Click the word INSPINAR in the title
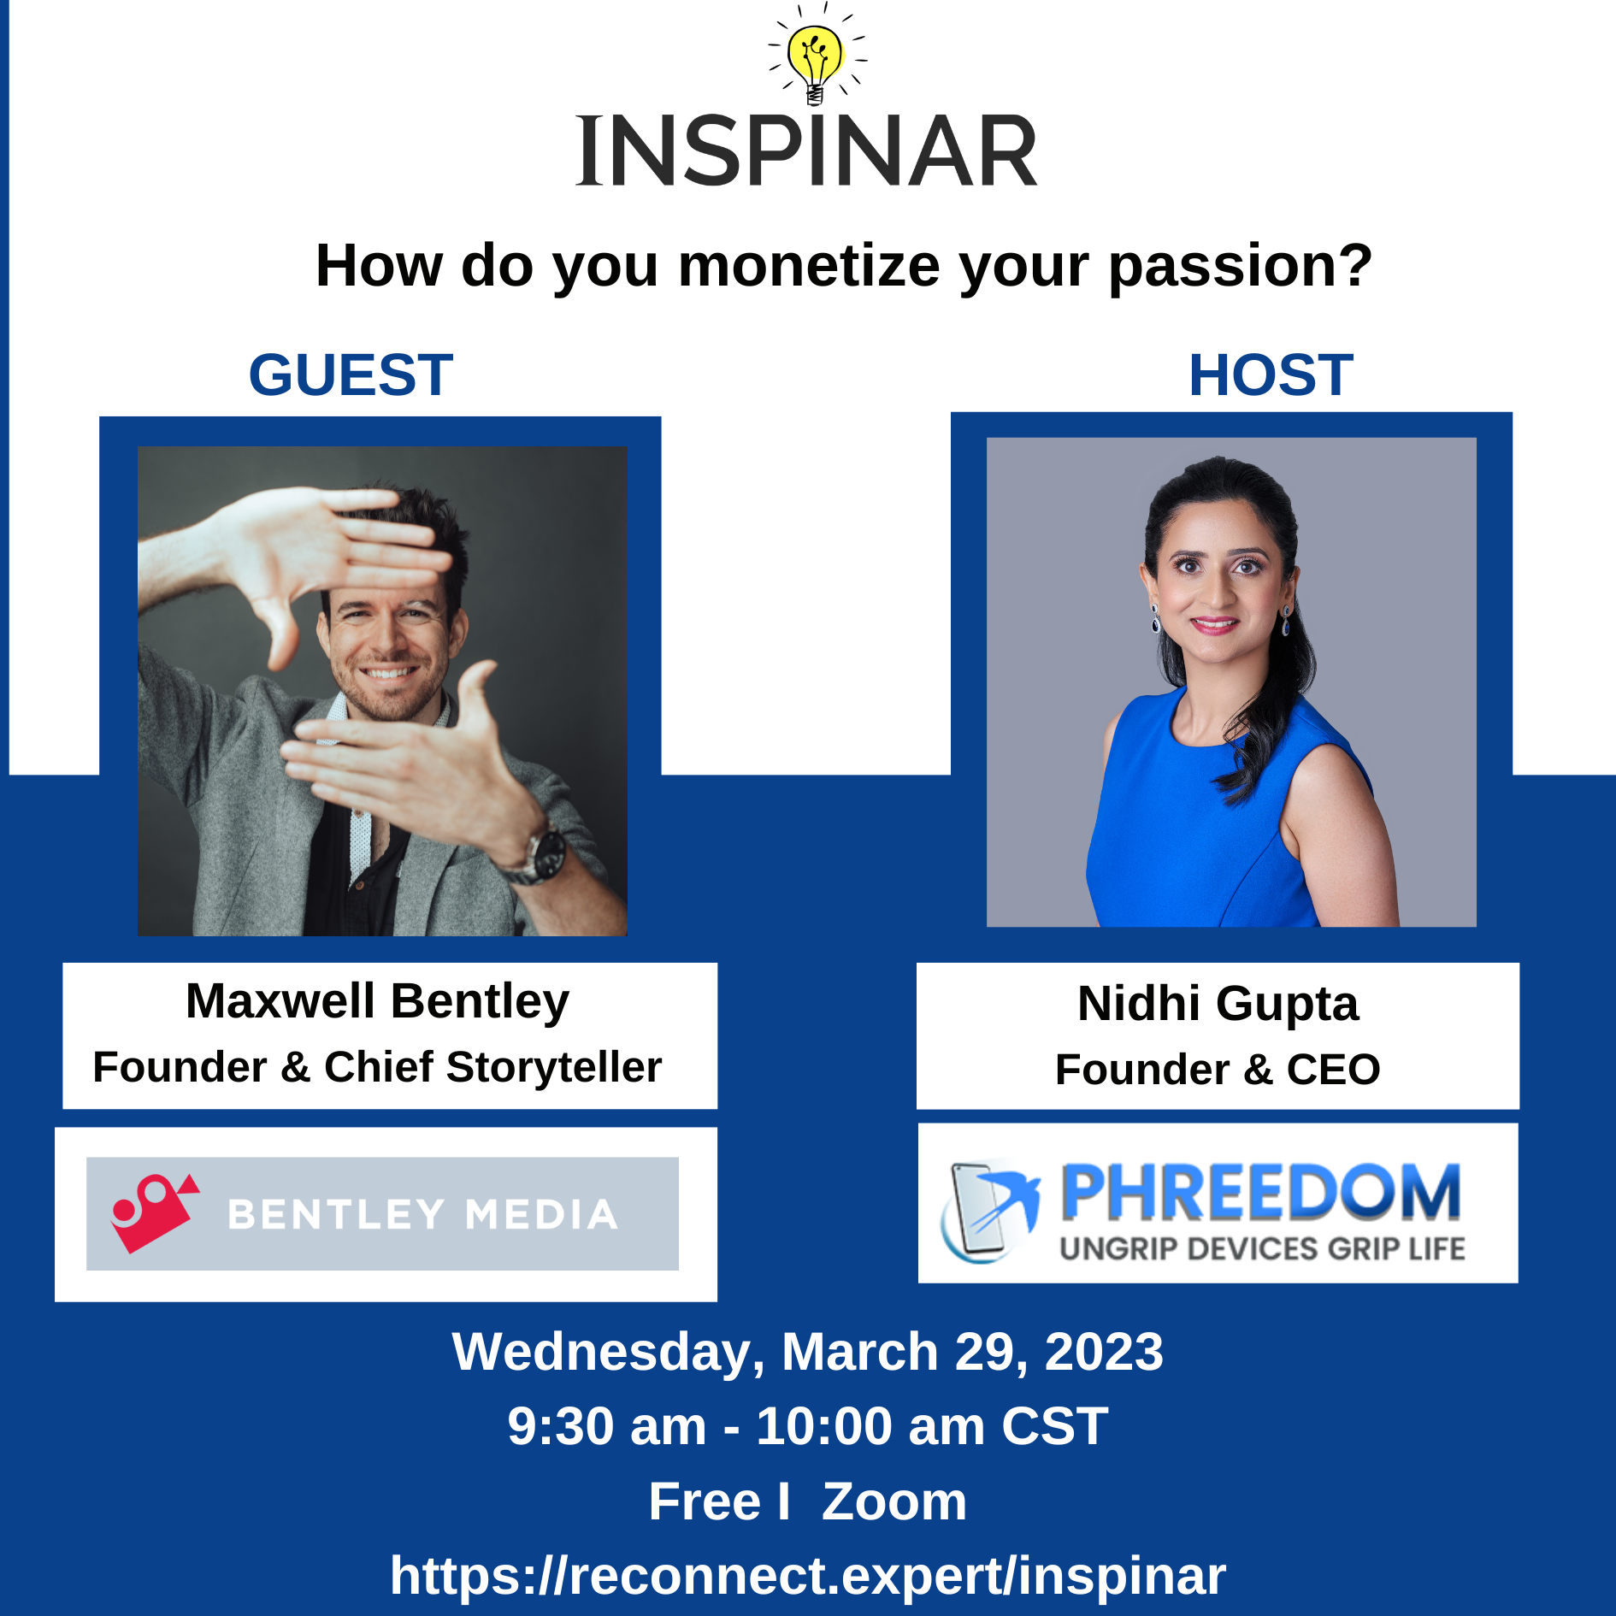[x=807, y=151]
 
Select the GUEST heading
[x=351, y=375]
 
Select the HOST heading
[x=1271, y=375]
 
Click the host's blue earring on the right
[x=1285, y=622]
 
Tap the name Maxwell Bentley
[x=377, y=1002]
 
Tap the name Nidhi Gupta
[x=1218, y=1004]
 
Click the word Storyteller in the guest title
[x=553, y=1067]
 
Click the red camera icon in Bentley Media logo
[x=155, y=1212]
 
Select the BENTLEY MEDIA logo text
[x=422, y=1214]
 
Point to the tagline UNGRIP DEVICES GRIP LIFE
[x=1262, y=1248]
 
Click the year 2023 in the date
[x=1104, y=1352]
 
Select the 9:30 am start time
[x=607, y=1426]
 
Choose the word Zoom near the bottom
[x=894, y=1501]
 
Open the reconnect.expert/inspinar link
[x=808, y=1575]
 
